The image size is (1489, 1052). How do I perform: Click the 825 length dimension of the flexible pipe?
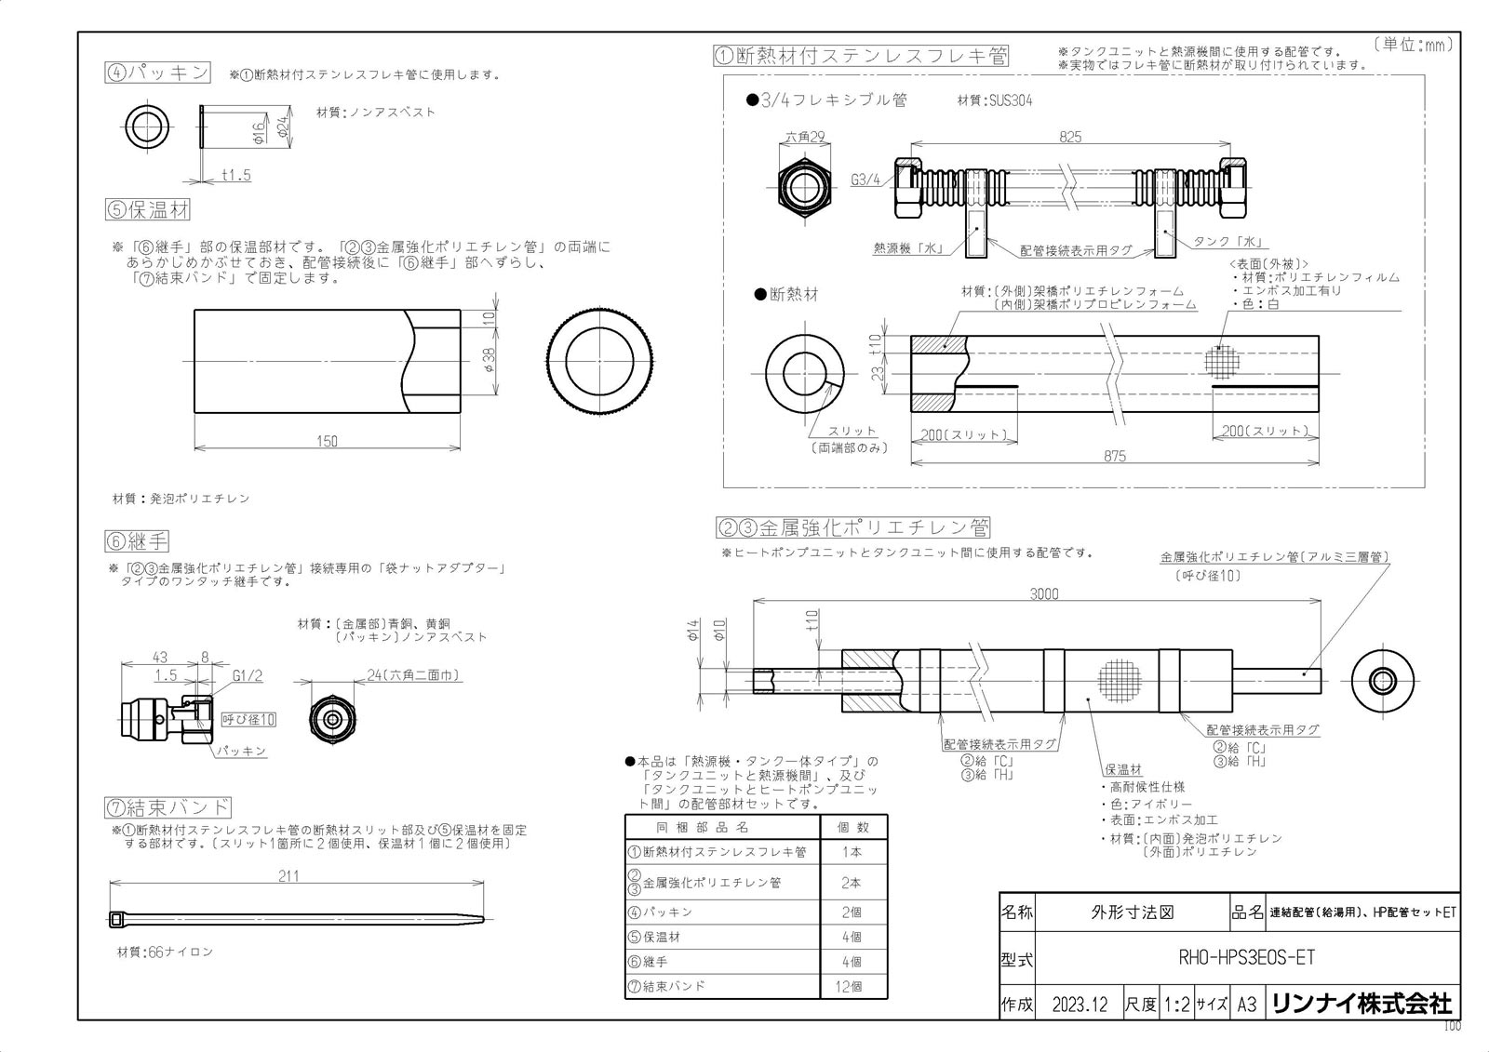[x=1070, y=136]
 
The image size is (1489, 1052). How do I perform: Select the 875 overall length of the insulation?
[x=1115, y=456]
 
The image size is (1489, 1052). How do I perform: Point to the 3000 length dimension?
[x=1043, y=593]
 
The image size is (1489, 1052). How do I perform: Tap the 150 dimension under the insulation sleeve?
[x=327, y=441]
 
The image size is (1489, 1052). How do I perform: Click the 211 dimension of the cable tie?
[x=288, y=876]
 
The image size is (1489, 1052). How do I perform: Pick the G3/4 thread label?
[x=865, y=180]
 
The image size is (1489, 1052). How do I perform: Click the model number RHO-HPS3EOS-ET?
[x=1246, y=957]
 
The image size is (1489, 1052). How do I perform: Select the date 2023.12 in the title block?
[x=1080, y=1005]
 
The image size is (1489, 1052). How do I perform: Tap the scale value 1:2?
[x=1176, y=1005]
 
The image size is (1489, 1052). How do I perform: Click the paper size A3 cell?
[x=1247, y=1005]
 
